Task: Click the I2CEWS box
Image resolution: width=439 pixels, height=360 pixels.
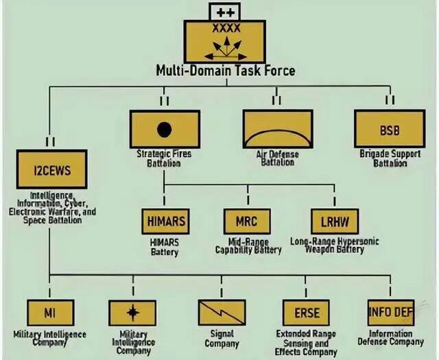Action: tap(52, 169)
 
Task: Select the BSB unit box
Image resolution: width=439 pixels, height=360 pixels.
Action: tap(388, 129)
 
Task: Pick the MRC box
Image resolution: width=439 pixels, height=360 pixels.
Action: tap(247, 221)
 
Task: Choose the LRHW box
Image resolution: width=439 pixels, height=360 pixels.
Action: tap(334, 221)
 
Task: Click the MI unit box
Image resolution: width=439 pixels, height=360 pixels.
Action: tap(50, 313)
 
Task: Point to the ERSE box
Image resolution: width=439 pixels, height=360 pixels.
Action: tap(307, 313)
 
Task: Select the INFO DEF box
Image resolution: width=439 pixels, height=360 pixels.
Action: tap(390, 313)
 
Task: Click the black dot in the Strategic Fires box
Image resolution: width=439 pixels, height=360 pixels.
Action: tap(164, 129)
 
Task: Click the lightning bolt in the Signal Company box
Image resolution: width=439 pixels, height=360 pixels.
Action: tap(222, 313)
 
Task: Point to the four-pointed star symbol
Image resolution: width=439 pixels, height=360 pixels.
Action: tap(133, 313)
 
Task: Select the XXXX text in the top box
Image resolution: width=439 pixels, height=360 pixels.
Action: tap(226, 29)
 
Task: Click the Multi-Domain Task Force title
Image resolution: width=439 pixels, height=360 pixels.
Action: tap(226, 70)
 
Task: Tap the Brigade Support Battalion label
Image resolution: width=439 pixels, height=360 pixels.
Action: tap(390, 158)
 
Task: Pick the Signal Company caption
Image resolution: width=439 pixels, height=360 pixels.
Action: tap(222, 339)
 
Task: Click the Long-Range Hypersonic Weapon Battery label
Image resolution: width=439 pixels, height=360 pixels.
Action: tap(335, 245)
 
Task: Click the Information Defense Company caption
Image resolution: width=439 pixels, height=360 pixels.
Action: tap(391, 338)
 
